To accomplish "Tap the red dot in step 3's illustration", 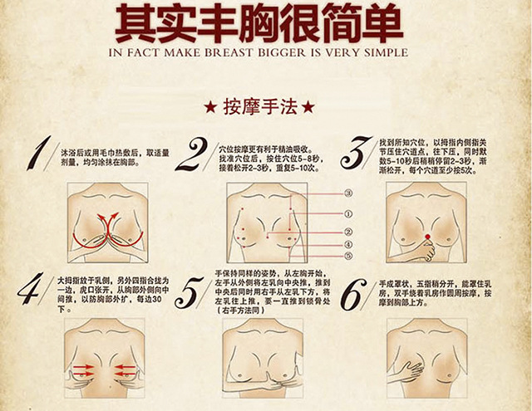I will pos(428,238).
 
